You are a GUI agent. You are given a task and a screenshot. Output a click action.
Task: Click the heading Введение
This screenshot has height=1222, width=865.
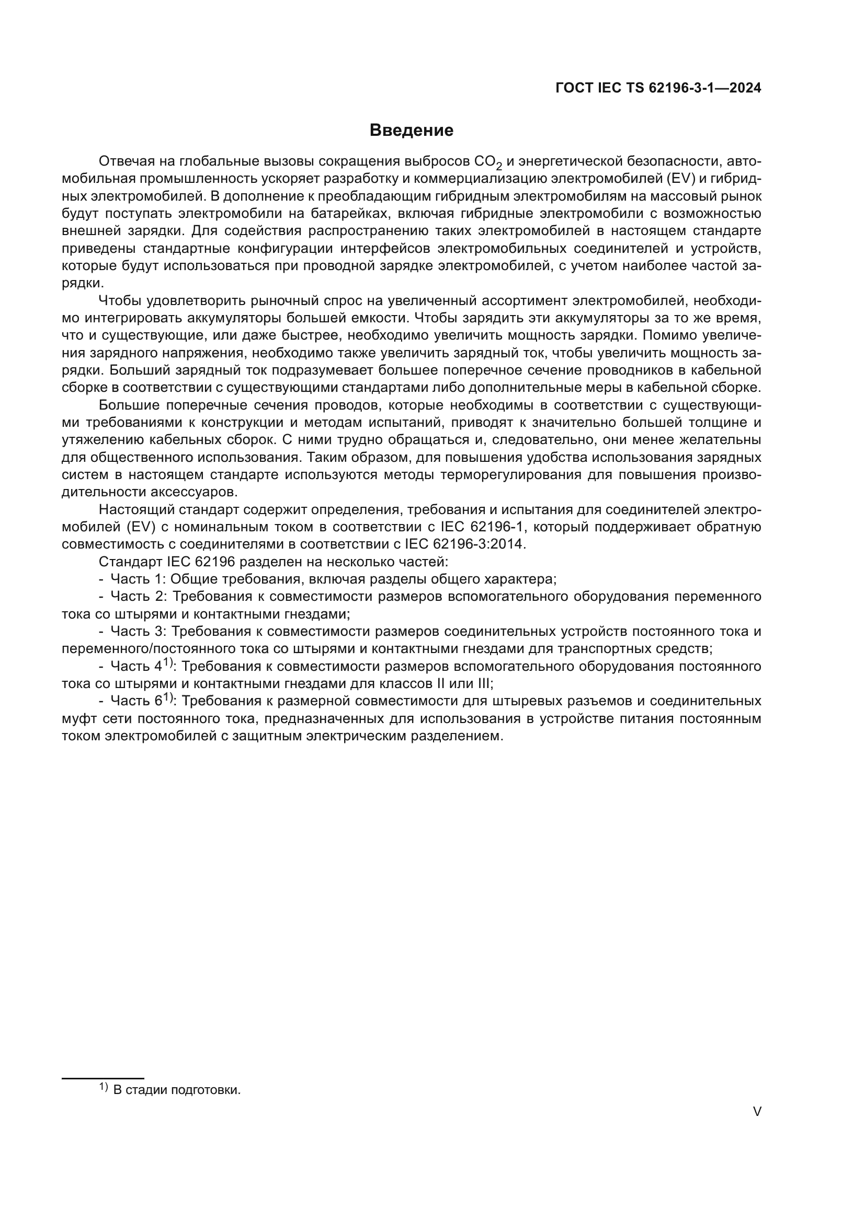pyautogui.click(x=411, y=131)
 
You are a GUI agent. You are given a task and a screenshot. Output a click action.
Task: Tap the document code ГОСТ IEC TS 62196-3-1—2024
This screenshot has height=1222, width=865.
pyautogui.click(x=658, y=88)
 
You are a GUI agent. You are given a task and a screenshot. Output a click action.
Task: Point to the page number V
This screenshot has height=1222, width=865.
pyautogui.click(x=757, y=1111)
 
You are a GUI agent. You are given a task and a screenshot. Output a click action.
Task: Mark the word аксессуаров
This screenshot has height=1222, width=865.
pyautogui.click(x=191, y=492)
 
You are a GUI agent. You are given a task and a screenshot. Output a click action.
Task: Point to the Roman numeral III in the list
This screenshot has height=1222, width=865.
pyautogui.click(x=485, y=683)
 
